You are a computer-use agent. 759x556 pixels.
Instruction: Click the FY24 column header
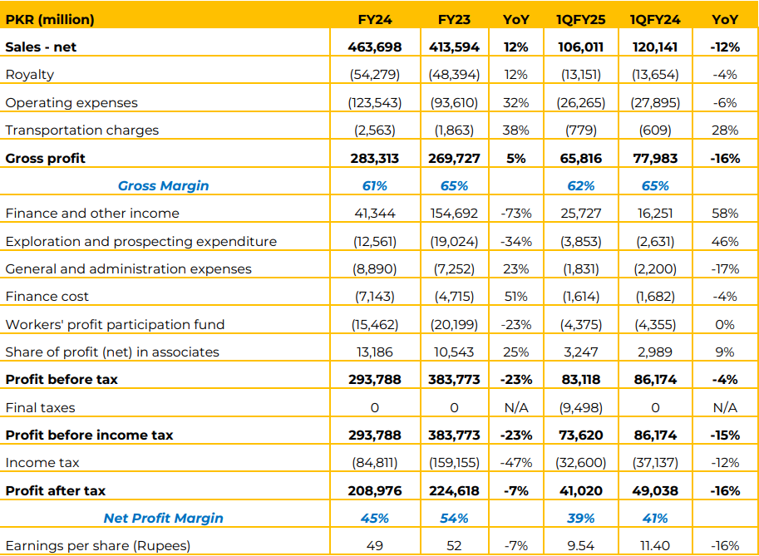click(375, 20)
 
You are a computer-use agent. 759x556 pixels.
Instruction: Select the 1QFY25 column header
click(580, 20)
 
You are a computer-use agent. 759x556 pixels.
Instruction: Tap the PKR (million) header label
click(50, 20)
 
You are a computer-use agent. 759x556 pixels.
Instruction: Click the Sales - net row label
click(41, 47)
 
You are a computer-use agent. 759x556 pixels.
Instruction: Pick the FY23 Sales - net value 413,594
click(454, 47)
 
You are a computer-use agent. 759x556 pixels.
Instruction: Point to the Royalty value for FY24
click(375, 75)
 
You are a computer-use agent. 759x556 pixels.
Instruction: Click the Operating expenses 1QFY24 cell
click(655, 102)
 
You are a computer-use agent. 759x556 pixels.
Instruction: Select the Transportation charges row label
click(82, 130)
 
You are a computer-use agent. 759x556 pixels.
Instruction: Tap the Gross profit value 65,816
click(580, 158)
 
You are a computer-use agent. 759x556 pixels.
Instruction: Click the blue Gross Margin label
click(164, 186)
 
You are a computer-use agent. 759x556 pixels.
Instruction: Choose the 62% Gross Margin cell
click(580, 186)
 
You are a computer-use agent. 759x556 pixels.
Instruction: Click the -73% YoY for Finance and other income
click(515, 214)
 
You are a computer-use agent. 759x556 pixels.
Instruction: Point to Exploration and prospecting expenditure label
click(140, 242)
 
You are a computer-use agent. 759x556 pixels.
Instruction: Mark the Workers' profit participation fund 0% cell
click(725, 324)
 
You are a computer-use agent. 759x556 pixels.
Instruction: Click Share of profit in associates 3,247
click(580, 352)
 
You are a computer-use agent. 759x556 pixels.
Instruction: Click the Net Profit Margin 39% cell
click(580, 519)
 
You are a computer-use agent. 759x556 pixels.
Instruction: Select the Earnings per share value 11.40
click(655, 546)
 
